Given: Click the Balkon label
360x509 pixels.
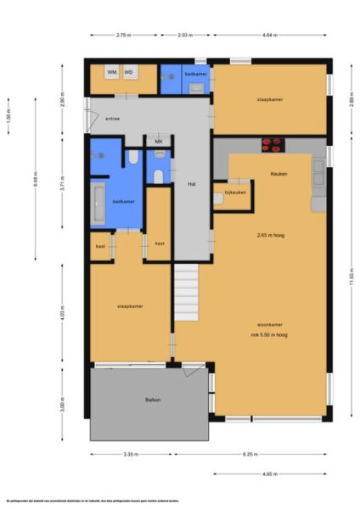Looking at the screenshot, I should [x=153, y=400].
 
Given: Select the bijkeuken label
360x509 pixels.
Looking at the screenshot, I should [x=235, y=193].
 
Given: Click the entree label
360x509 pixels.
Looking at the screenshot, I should [x=112, y=119].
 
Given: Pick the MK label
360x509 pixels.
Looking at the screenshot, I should [x=158, y=141].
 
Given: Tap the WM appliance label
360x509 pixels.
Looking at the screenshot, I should [x=112, y=73].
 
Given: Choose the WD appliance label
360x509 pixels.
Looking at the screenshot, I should [x=129, y=73].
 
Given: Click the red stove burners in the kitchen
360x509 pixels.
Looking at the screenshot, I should [x=274, y=143].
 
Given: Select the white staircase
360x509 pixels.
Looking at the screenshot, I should [x=186, y=290].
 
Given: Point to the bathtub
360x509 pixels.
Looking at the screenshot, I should [x=99, y=202].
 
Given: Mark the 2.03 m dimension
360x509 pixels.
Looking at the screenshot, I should [x=185, y=35].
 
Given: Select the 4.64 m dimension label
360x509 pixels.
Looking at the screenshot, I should [x=271, y=35].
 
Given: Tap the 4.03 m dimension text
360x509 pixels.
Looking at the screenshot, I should [x=64, y=315].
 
